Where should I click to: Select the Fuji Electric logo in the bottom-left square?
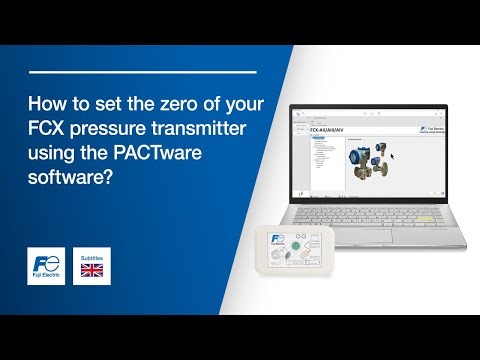(45, 266)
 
